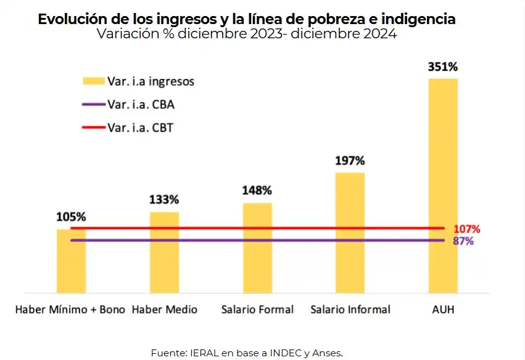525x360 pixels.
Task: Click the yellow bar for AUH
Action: click(x=443, y=185)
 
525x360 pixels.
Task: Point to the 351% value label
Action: click(x=442, y=67)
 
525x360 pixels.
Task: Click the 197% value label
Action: click(x=350, y=161)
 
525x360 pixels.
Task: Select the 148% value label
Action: click(x=257, y=191)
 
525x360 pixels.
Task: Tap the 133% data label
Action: click(x=164, y=199)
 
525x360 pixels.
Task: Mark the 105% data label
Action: click(x=71, y=217)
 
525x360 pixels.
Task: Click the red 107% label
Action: click(x=466, y=229)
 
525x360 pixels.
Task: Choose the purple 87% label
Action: click(x=463, y=241)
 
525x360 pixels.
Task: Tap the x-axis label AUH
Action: click(x=443, y=309)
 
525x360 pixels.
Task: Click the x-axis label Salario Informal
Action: click(x=350, y=309)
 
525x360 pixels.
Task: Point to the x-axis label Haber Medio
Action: click(x=165, y=309)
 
